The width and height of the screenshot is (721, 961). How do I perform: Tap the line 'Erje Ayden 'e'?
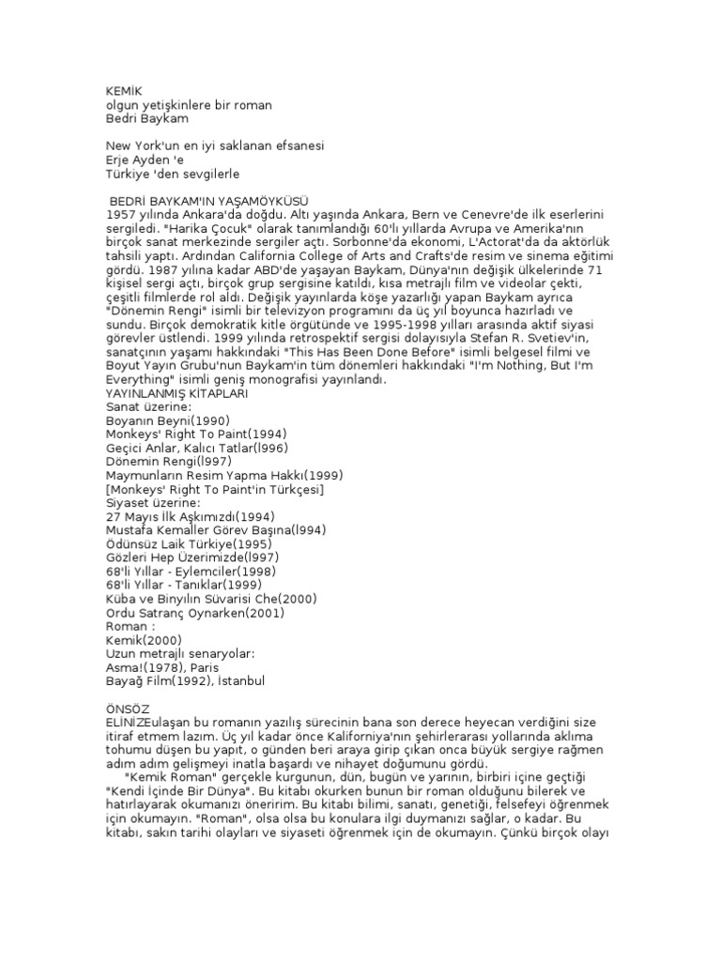tap(145, 160)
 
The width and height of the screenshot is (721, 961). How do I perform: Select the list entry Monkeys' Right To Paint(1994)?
tap(196, 434)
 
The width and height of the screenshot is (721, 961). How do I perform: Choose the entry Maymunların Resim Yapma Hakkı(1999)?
tap(213, 475)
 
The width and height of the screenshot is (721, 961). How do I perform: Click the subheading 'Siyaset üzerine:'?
tap(153, 502)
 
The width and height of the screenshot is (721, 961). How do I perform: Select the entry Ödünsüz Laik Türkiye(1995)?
tap(189, 543)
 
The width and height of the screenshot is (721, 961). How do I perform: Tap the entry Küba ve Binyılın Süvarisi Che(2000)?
tap(211, 598)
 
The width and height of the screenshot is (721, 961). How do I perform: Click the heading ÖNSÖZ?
tap(129, 708)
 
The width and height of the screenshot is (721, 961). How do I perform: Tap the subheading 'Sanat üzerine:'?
tap(148, 406)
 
